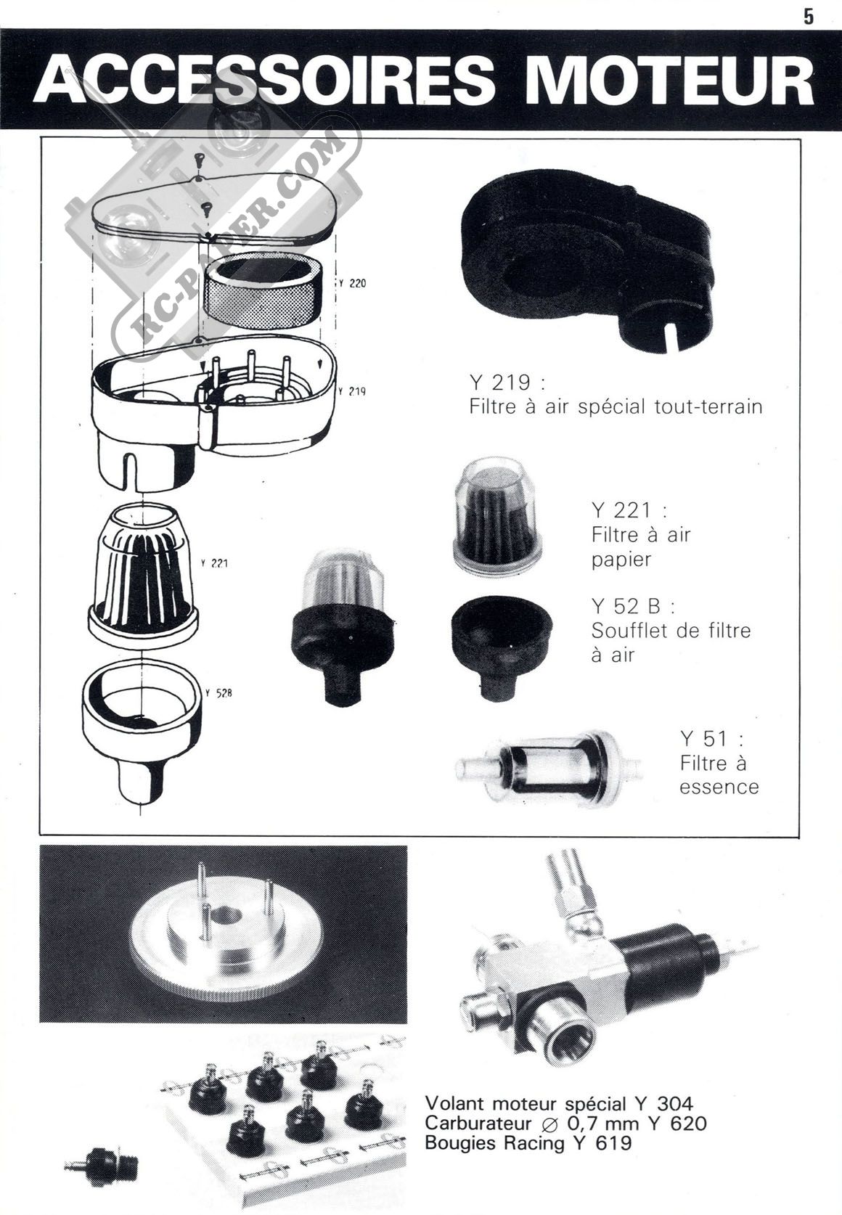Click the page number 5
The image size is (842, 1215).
(x=809, y=17)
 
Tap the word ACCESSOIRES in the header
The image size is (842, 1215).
(x=265, y=79)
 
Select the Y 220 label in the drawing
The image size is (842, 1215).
(x=353, y=283)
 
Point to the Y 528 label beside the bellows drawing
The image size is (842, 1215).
(x=218, y=692)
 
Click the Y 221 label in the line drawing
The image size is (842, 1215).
(x=214, y=563)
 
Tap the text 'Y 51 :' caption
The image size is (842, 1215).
(x=712, y=738)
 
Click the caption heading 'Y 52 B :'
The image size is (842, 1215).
(x=633, y=606)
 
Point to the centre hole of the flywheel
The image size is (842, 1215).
(x=226, y=916)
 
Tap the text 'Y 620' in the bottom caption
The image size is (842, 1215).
(x=678, y=1122)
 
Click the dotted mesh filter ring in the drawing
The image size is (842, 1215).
(x=259, y=290)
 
